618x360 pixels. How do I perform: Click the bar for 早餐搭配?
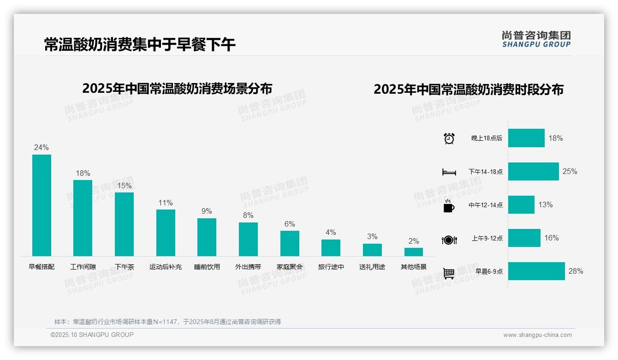pyautogui.click(x=42, y=205)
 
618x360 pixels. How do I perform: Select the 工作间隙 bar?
pyautogui.click(x=83, y=218)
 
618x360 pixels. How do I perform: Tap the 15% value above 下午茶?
pyautogui.click(x=124, y=186)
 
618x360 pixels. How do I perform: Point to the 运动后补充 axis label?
pyautogui.click(x=166, y=267)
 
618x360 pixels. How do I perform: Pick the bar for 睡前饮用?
pyautogui.click(x=207, y=237)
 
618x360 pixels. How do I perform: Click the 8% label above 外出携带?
pyautogui.click(x=248, y=215)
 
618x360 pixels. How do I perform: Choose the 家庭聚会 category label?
pyautogui.click(x=290, y=267)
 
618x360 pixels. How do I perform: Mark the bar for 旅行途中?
pyautogui.click(x=331, y=248)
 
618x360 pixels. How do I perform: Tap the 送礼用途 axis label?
pyautogui.click(x=372, y=267)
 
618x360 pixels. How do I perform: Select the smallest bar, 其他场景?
pyautogui.click(x=414, y=252)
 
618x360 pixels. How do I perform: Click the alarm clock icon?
pyautogui.click(x=449, y=138)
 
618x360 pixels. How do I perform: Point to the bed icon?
pyautogui.click(x=449, y=172)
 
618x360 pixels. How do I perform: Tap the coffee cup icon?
pyautogui.click(x=449, y=206)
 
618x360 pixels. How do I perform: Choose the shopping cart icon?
pyautogui.click(x=449, y=273)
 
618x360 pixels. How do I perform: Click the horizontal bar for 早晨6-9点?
pyautogui.click(x=536, y=271)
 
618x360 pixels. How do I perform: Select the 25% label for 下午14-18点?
pyautogui.click(x=570, y=172)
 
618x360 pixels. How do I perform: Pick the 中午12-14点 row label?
pyautogui.click(x=486, y=205)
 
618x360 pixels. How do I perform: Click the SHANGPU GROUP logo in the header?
pyautogui.click(x=536, y=39)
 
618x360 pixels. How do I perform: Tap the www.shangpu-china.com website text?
pyautogui.click(x=537, y=335)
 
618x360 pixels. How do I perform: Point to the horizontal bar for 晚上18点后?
pyautogui.click(x=526, y=138)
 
